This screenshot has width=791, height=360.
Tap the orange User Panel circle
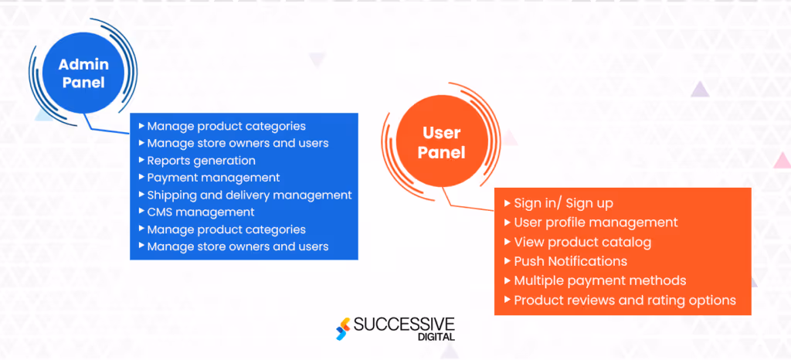(x=441, y=144)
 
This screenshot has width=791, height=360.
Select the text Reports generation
(x=201, y=161)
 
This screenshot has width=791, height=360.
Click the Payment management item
(x=213, y=178)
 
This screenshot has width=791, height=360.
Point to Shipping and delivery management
(x=249, y=195)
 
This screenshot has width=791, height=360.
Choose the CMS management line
(x=200, y=212)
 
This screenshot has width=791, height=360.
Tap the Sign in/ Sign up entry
(x=563, y=203)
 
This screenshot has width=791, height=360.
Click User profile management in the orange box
(x=596, y=222)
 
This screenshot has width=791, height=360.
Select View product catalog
(x=582, y=242)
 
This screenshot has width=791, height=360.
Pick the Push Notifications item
(x=570, y=261)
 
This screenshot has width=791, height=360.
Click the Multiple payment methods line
(x=599, y=280)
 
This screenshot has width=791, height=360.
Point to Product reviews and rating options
(x=624, y=300)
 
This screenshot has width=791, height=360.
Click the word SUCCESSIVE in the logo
(x=404, y=324)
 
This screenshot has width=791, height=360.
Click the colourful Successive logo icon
(x=342, y=328)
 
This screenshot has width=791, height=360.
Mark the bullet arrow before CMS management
(x=141, y=212)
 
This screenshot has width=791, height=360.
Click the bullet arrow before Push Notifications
(x=508, y=261)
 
